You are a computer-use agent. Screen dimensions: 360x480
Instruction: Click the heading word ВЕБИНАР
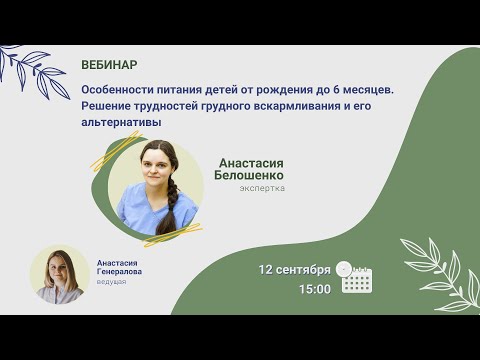pyautogui.click(x=109, y=65)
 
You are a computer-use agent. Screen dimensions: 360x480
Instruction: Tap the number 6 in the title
pyautogui.click(x=323, y=90)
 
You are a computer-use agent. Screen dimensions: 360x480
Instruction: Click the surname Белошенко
pyautogui.click(x=249, y=174)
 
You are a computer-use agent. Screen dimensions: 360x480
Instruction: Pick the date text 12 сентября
pyautogui.click(x=294, y=270)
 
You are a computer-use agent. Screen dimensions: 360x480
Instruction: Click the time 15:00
pyautogui.click(x=314, y=289)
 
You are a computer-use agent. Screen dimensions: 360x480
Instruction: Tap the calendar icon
pyautogui.click(x=357, y=281)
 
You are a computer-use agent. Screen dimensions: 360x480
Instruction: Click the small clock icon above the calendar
pyautogui.click(x=344, y=268)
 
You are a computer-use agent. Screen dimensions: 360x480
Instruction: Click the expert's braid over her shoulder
pyautogui.click(x=173, y=212)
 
